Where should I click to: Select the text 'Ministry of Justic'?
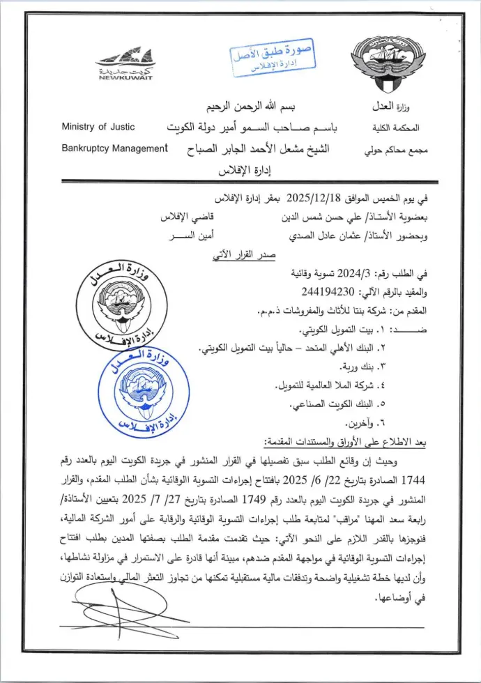98,127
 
